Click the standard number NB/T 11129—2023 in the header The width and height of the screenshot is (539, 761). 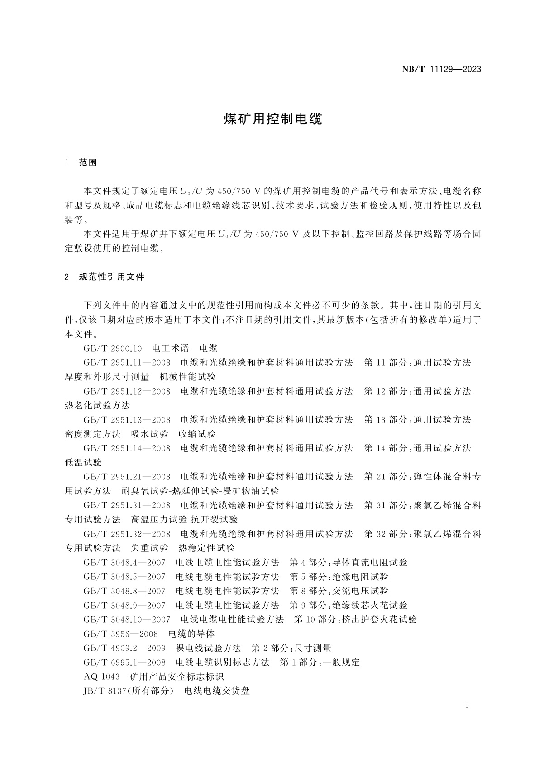[x=441, y=70]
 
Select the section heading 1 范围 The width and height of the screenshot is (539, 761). [x=81, y=162]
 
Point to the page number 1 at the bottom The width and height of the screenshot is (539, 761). [x=467, y=705]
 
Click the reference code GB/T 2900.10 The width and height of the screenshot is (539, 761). [x=113, y=348]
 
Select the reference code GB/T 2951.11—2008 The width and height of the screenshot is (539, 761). [x=127, y=362]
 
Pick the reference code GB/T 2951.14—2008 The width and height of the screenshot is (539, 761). [x=127, y=448]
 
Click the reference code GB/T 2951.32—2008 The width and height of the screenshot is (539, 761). [x=127, y=534]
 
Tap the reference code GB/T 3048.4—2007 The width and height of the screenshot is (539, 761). [x=124, y=562]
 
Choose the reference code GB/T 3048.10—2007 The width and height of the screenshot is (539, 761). [x=127, y=619]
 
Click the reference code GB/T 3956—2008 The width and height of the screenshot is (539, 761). [x=121, y=634]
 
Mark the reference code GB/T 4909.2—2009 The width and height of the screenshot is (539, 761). [x=124, y=648]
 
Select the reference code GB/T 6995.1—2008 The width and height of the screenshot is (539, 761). [x=124, y=662]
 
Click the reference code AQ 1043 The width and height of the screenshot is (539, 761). [x=102, y=676]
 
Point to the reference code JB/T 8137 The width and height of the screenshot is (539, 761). [x=105, y=691]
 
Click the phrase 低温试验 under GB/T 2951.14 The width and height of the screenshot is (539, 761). [x=84, y=462]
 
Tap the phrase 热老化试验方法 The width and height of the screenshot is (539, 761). [x=98, y=405]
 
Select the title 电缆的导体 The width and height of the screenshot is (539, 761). [x=191, y=634]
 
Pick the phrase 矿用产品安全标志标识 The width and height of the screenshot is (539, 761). [x=177, y=676]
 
